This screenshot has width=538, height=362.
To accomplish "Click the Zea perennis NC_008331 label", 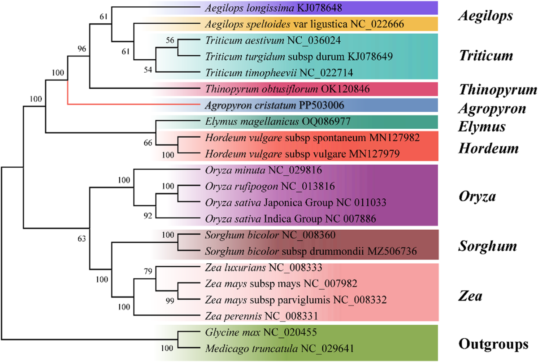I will pyautogui.click(x=262, y=316).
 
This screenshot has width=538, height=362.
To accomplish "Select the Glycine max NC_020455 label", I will pyautogui.click(x=260, y=332).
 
